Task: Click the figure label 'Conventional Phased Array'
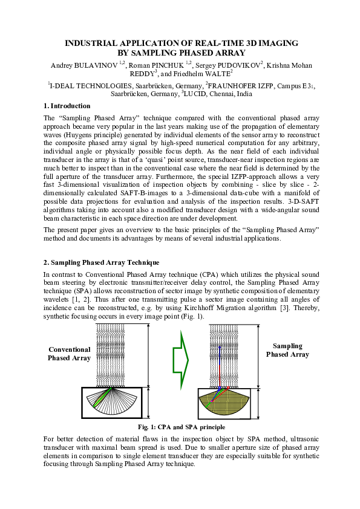(x=69, y=354)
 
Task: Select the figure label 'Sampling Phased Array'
(x=287, y=350)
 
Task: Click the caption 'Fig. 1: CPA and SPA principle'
(x=180, y=427)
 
